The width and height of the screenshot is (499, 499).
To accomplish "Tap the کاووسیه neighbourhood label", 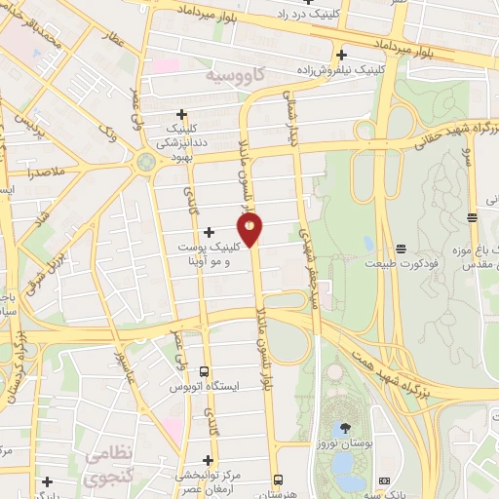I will pos(234,74).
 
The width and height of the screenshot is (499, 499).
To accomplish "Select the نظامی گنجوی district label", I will pos(105,466).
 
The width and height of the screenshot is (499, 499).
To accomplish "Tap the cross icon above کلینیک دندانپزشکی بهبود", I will pos(182,114).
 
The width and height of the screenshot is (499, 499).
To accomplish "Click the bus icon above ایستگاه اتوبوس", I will pos(204,371).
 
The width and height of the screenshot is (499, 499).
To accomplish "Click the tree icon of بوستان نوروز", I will pos(342,428).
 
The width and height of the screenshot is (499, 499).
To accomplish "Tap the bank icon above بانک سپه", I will pos(383,480).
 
